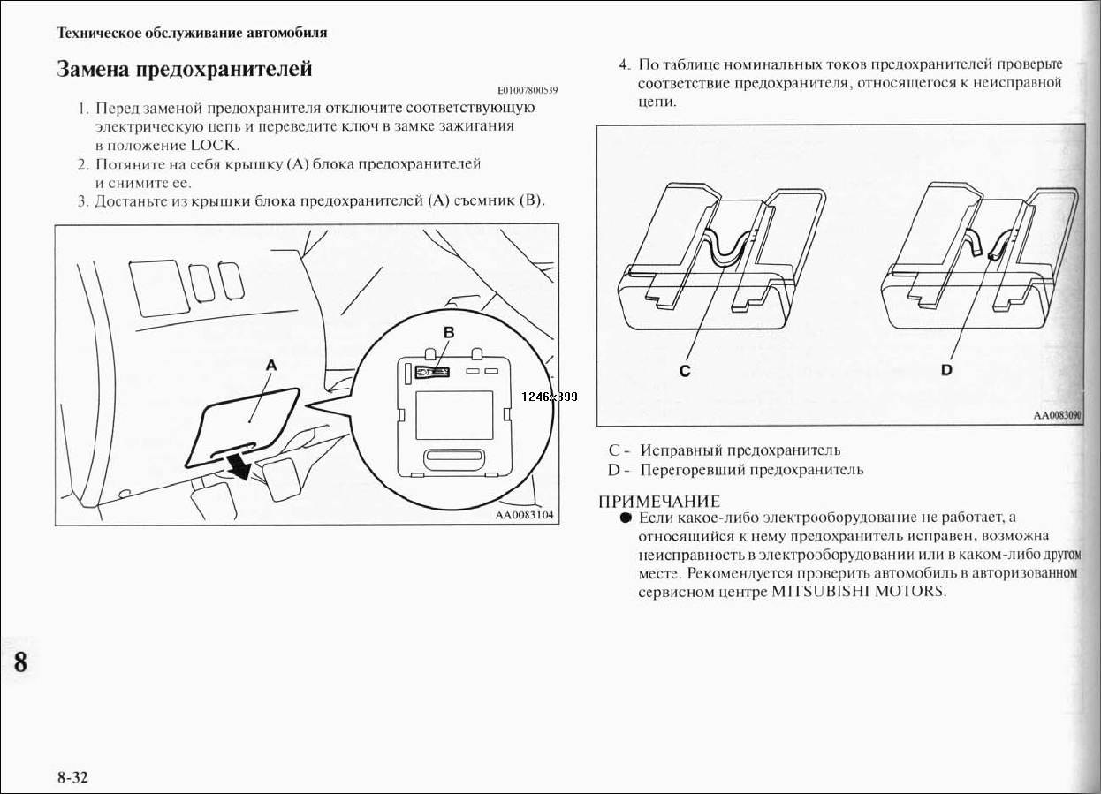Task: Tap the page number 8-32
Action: click(x=74, y=777)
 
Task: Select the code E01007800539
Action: click(x=528, y=91)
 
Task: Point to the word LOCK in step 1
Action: click(x=214, y=145)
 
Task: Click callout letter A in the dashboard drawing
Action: click(x=271, y=364)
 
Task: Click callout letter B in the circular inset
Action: click(x=448, y=332)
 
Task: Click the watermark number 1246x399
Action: click(x=549, y=397)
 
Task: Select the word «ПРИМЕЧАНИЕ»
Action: click(x=658, y=502)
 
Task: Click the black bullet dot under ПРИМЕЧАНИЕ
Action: click(x=625, y=518)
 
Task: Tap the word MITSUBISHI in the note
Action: click(x=820, y=591)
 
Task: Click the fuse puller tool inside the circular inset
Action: click(x=433, y=373)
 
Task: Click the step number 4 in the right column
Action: click(x=623, y=64)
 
